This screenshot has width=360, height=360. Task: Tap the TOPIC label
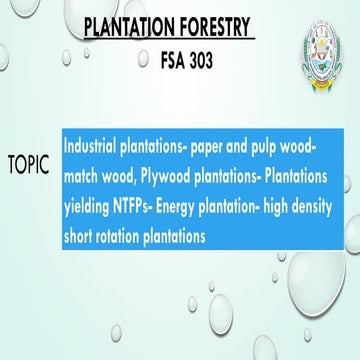point(29,163)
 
